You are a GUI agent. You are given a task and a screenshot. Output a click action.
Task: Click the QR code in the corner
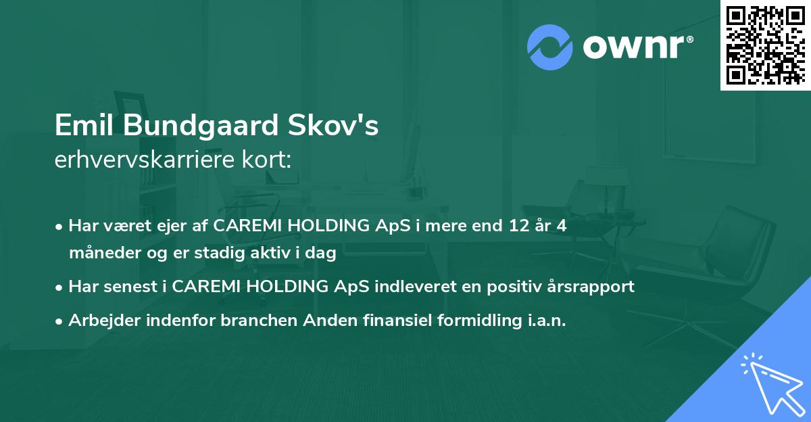pyautogui.click(x=765, y=45)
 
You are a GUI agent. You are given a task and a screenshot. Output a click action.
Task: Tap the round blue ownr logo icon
pyautogui.click(x=550, y=47)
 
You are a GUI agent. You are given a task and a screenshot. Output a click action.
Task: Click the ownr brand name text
pyautogui.click(x=637, y=47)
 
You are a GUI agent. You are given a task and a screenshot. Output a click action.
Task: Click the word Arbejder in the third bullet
pyautogui.click(x=100, y=321)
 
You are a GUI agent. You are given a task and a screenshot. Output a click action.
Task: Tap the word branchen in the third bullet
pyautogui.click(x=251, y=321)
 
